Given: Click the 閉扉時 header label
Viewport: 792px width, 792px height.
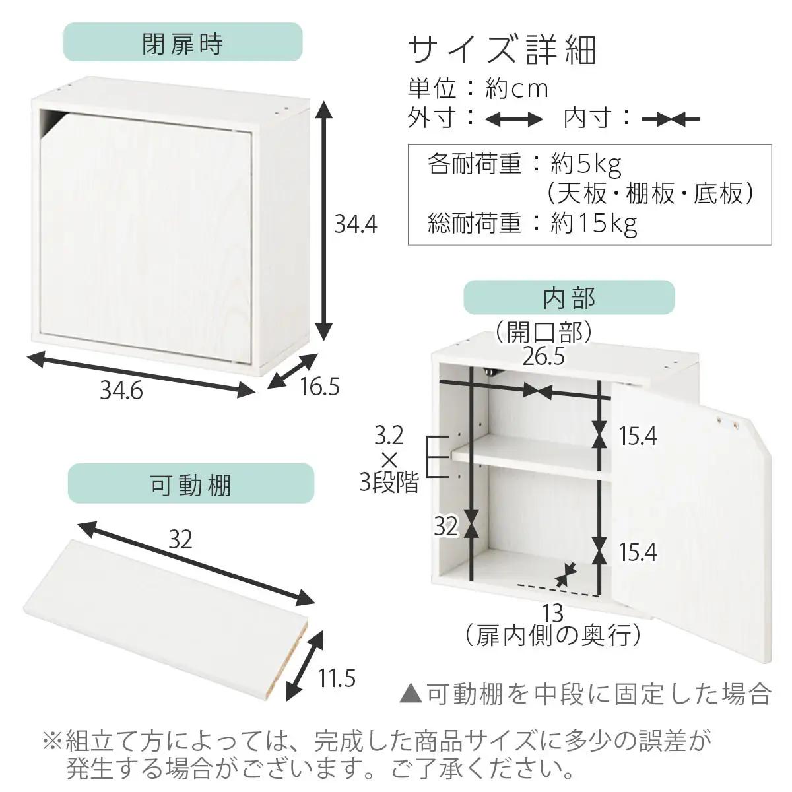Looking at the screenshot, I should click(182, 44).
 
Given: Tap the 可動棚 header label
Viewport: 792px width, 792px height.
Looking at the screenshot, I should click(191, 485).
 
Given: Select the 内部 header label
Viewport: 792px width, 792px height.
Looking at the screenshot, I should click(569, 298).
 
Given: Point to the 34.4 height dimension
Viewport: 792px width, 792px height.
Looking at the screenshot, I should click(355, 224).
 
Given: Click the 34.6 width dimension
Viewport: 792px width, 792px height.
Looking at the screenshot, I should click(121, 391).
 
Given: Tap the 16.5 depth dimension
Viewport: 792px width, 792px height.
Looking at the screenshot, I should click(319, 387).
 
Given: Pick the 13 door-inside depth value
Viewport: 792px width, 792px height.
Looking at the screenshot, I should click(554, 614).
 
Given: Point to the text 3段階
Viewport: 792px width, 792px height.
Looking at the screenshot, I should click(389, 484).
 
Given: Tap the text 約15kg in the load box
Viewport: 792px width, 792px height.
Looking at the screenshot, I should click(594, 224).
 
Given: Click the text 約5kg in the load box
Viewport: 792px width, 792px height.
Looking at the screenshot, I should click(586, 163).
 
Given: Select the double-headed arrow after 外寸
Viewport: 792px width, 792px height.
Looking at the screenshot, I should click(513, 119).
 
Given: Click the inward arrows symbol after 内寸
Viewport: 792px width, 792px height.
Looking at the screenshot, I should click(671, 119).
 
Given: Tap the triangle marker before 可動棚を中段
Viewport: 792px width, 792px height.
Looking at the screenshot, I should click(411, 694).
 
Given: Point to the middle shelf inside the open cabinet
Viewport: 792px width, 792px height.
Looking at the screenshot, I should click(528, 455).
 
